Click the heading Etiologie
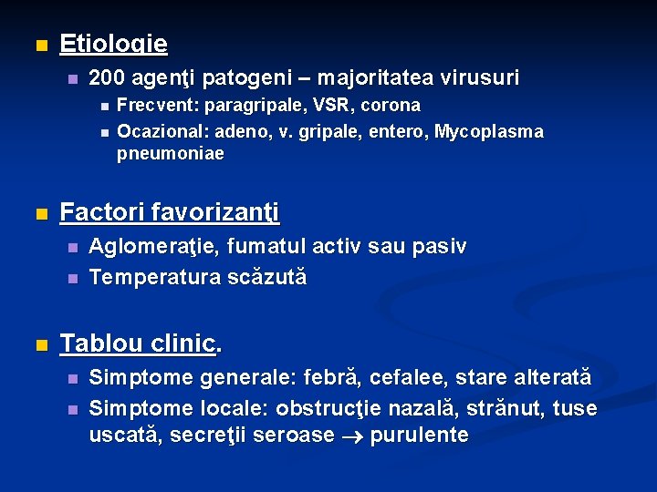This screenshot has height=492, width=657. [x=113, y=44]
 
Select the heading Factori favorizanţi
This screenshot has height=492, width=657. [x=170, y=213]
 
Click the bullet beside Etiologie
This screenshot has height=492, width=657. [x=38, y=45]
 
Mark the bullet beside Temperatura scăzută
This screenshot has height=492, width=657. [x=73, y=277]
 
